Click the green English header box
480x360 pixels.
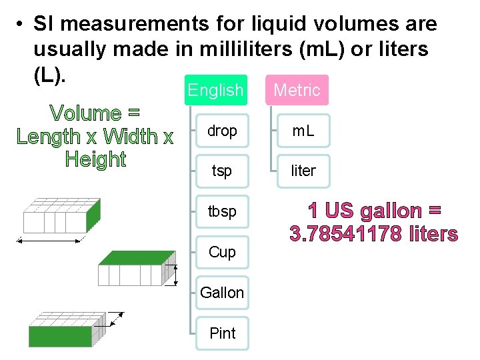[215, 90]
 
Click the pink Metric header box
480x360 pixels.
[297, 90]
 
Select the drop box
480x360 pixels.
[222, 131]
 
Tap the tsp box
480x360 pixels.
[222, 171]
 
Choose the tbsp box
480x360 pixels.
[222, 211]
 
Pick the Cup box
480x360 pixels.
[222, 252]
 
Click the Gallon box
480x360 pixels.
[222, 293]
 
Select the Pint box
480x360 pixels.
[222, 333]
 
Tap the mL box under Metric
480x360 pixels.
[303, 131]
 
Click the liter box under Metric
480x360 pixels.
[303, 171]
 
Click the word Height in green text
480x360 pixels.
[96, 160]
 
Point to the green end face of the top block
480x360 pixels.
[93, 214]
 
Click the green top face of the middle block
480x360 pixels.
[137, 257]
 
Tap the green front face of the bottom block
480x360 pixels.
[60, 336]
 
